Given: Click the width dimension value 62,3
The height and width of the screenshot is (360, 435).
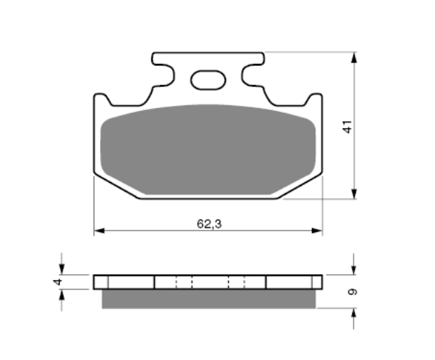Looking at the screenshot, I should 208,223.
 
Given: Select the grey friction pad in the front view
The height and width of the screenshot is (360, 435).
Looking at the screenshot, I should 208,149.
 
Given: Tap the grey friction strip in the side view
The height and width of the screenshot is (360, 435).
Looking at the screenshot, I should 208,298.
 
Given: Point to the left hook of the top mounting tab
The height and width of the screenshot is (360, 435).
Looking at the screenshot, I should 164,73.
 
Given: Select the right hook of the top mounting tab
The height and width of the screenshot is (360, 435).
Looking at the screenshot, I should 251,73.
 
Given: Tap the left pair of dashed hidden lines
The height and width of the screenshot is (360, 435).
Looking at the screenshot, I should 184,282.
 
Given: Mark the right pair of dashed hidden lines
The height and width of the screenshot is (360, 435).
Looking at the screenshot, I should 237,282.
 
